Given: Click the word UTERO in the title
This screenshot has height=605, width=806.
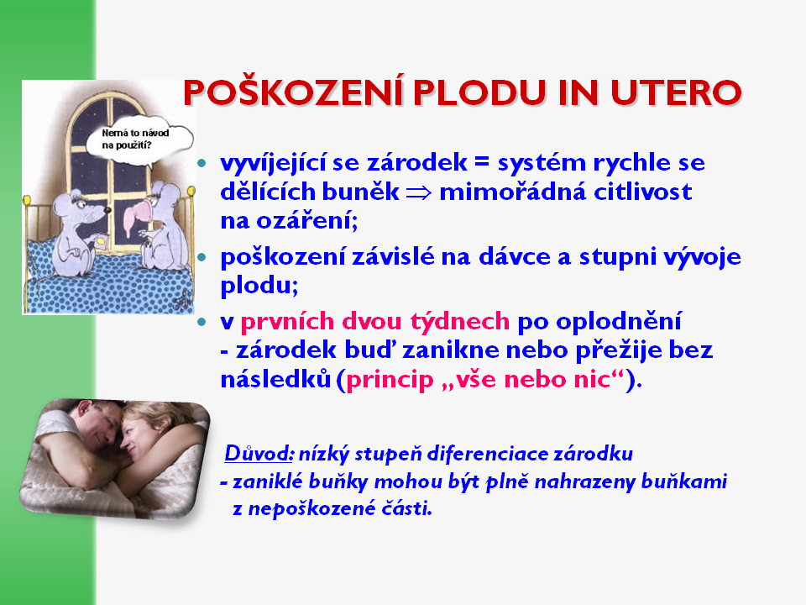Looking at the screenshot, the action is (676, 93).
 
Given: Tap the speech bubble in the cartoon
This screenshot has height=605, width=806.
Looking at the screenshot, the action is (139, 140).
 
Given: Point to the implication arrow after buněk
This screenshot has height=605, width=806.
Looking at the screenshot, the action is (419, 193).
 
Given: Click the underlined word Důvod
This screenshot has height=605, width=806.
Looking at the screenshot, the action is (259, 453).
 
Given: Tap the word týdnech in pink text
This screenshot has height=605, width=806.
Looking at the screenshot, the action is (460, 322).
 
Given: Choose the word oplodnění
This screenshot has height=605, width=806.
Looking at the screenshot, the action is (619, 322).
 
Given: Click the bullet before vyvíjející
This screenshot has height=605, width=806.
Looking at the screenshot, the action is (201, 164).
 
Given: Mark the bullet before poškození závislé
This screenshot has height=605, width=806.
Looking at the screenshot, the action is (201, 257).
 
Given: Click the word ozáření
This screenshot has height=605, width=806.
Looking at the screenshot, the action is (289, 221).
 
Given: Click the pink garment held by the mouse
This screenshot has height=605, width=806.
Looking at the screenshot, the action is (136, 217).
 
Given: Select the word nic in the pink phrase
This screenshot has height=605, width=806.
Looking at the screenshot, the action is (596, 380).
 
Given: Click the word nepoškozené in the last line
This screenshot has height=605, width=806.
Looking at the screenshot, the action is (311, 509).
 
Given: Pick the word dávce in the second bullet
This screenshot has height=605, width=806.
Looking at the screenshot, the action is (515, 257).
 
